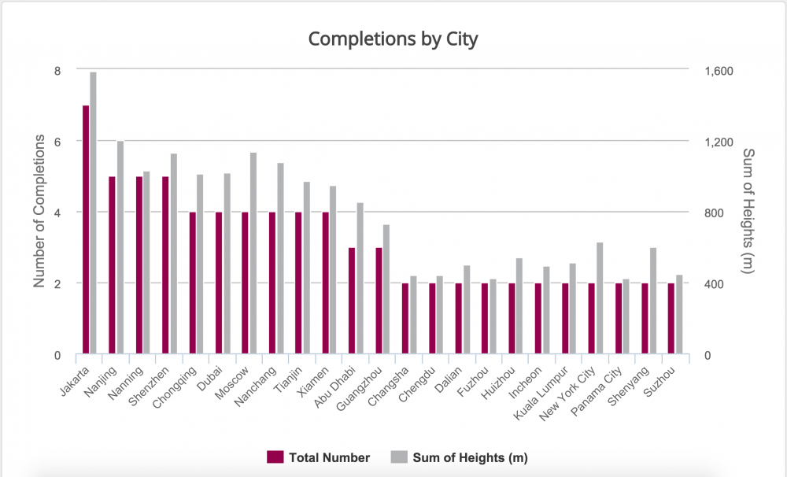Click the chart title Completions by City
click(393, 39)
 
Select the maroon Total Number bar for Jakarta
click(86, 230)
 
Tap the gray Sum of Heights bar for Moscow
click(253, 253)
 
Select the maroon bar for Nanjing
click(113, 265)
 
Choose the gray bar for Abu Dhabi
click(360, 279)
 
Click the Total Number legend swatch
click(275, 457)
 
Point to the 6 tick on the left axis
click(57, 142)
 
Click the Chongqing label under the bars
click(179, 382)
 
